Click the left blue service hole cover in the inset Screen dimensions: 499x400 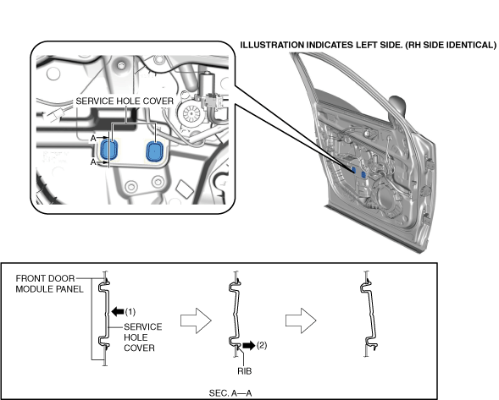109,150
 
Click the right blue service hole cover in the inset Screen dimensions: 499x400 154,151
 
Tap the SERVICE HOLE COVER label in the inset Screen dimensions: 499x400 125,101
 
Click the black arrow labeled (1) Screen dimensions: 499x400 118,311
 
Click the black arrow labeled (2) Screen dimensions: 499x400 249,345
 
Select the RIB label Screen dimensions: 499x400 244,370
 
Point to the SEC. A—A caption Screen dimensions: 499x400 230,393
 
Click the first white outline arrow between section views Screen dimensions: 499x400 196,321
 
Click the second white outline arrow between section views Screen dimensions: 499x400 301,321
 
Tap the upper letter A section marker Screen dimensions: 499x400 93,138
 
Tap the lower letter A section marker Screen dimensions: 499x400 93,162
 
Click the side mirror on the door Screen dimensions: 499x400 397,106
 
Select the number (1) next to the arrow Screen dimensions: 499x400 130,312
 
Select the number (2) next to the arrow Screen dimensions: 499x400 262,345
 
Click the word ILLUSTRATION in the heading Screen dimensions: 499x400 272,45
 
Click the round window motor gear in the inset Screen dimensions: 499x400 191,113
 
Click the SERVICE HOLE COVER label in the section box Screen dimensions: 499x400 142,337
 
